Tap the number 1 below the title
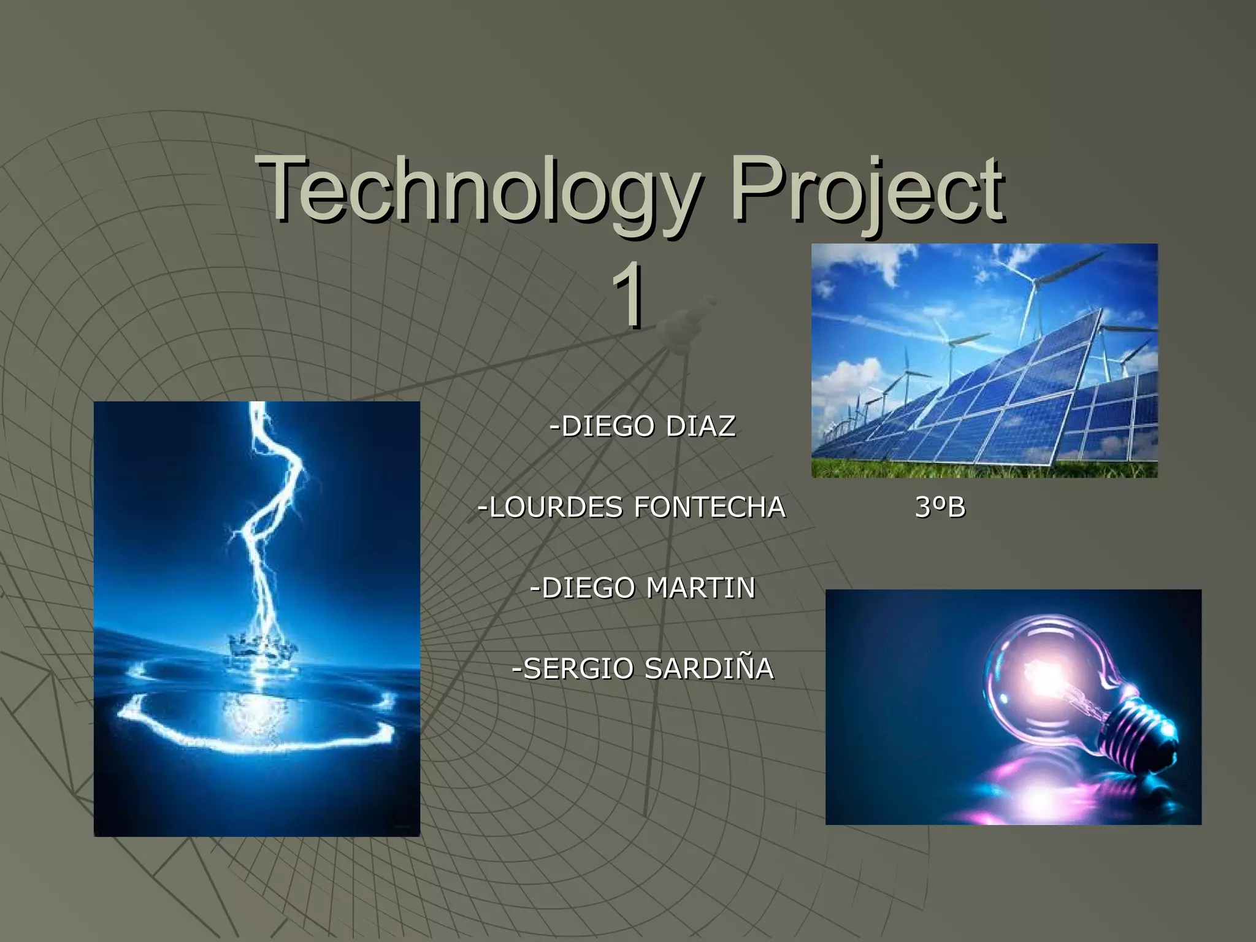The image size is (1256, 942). [628, 294]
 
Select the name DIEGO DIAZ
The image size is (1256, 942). [642, 426]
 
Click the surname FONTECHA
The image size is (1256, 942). [709, 507]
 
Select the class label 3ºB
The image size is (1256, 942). [940, 507]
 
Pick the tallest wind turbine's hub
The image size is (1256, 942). [1035, 281]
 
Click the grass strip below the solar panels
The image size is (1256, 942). [981, 469]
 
